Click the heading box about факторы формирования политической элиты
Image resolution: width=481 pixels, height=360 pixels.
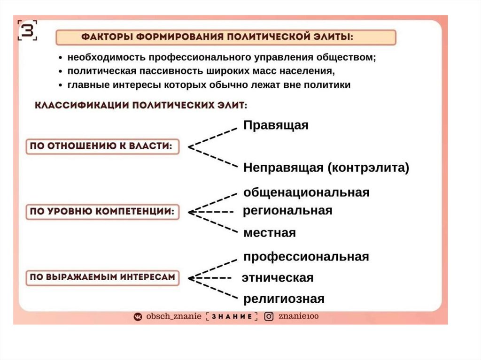[x=225, y=38]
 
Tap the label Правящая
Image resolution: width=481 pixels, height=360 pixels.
[x=276, y=125]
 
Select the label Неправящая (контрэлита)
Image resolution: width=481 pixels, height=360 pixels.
[x=326, y=168]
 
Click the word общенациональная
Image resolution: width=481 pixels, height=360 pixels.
[x=306, y=192]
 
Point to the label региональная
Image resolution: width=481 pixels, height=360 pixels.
[x=287, y=211]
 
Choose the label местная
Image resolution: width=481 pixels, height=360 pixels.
[x=270, y=233]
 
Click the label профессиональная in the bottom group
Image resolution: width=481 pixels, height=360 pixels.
[x=306, y=257]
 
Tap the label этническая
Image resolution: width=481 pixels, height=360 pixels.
[x=277, y=278]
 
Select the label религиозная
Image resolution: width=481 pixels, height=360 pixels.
[x=284, y=299]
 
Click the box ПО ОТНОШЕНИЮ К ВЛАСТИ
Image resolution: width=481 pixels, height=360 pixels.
[x=101, y=146]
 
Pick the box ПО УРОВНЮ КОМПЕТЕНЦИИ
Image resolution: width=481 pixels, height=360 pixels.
[x=101, y=212]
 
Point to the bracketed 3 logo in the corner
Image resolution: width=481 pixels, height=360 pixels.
[x=27, y=31]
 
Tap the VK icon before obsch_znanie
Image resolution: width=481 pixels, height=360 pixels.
[x=138, y=317]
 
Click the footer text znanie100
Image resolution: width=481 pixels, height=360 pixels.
[x=298, y=317]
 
